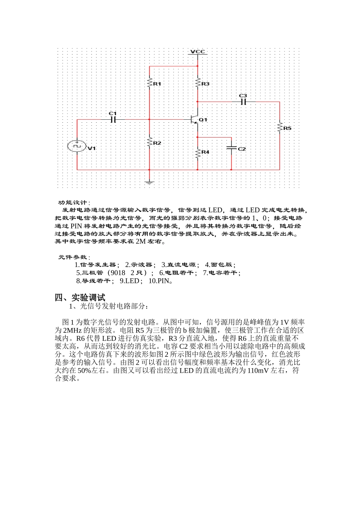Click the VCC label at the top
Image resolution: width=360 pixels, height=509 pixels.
tap(197, 52)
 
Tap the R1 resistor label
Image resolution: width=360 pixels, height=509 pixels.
tap(157, 84)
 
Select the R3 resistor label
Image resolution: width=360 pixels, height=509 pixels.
tap(205, 84)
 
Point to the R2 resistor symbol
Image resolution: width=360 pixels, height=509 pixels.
tap(150, 142)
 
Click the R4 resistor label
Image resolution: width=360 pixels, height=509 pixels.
tap(205, 152)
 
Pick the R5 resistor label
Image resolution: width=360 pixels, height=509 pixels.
tap(287, 128)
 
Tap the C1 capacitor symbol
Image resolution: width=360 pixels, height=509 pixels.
tap(113, 120)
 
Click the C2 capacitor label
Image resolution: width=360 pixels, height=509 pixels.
tap(242, 149)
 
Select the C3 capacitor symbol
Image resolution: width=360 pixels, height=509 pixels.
tap(243, 102)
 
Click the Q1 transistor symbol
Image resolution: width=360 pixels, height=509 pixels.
tap(195, 120)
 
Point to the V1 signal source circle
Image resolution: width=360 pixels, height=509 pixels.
tap(77, 146)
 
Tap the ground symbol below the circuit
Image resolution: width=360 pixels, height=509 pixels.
tap(149, 183)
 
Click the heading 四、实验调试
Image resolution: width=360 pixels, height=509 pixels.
tap(80, 297)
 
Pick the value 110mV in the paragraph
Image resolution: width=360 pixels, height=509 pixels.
tap(258, 370)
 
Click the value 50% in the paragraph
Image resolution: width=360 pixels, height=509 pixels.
tap(84, 370)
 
